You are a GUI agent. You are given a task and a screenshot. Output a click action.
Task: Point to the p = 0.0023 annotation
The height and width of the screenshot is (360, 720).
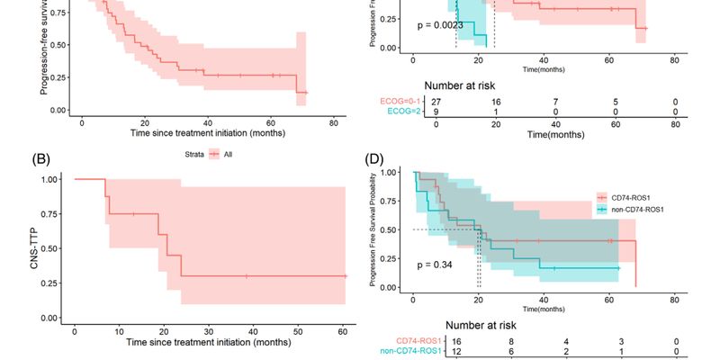click(440, 25)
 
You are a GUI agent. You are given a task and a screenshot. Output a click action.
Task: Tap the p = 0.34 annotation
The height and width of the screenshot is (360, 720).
click(437, 265)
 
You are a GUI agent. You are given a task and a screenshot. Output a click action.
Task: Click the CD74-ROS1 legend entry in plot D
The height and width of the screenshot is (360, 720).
click(628, 196)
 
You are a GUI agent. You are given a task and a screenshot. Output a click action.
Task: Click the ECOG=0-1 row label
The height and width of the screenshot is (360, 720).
click(409, 102)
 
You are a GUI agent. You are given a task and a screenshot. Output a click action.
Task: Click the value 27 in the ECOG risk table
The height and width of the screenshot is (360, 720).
click(436, 102)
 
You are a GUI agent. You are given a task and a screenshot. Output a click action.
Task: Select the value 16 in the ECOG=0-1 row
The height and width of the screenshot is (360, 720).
click(496, 102)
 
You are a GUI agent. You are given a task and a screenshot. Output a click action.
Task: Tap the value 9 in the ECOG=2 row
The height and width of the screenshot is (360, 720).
click(436, 112)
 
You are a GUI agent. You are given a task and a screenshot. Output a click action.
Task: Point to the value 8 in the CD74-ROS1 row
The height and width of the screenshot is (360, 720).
click(487, 341)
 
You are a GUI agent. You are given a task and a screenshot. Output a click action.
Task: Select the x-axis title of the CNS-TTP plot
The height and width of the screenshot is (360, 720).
click(209, 343)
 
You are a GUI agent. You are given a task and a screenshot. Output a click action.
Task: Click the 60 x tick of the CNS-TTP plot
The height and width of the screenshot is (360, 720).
click(343, 331)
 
